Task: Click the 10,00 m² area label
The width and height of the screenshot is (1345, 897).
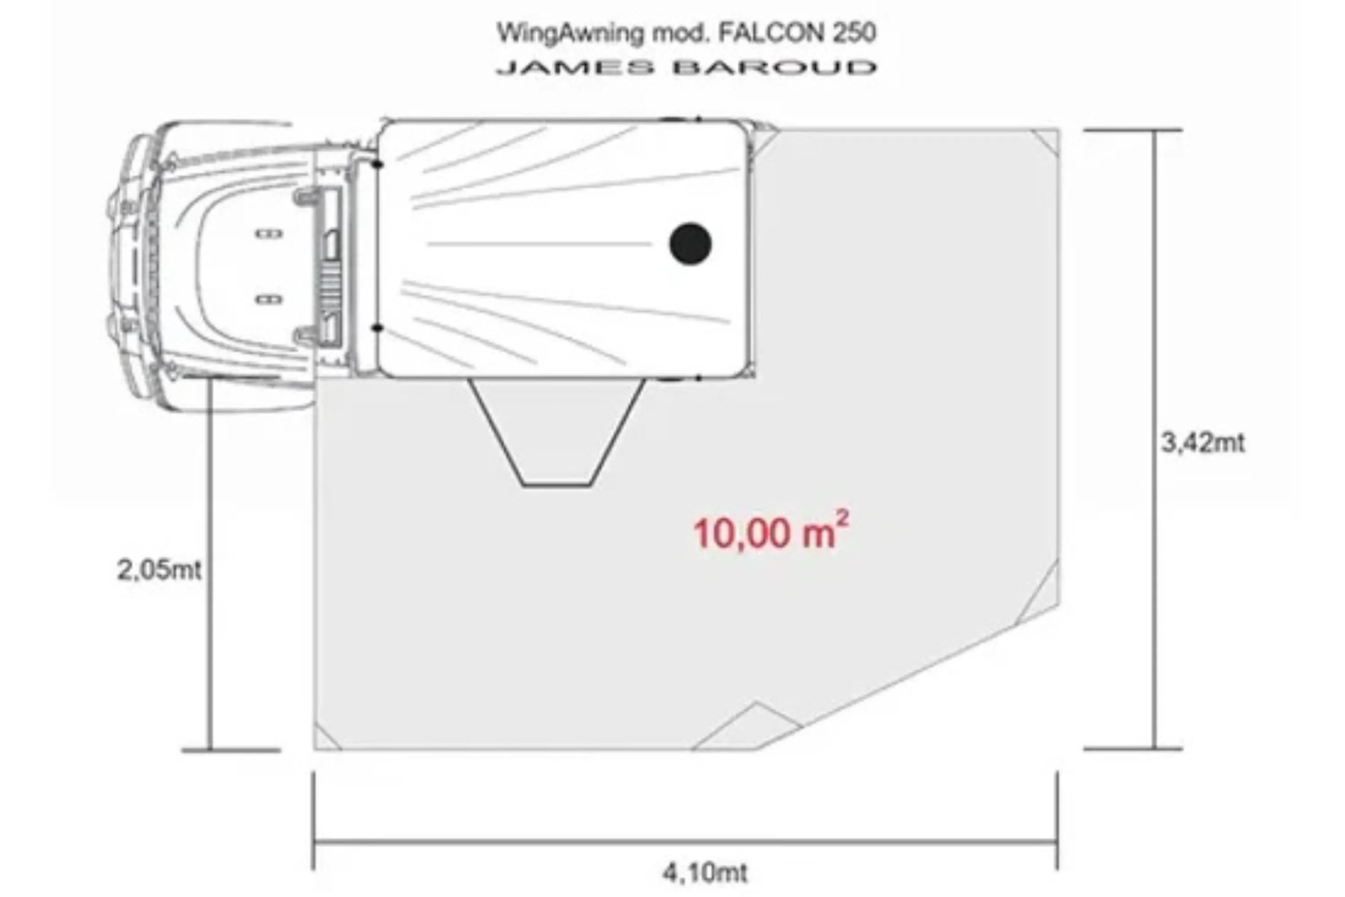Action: point(770,533)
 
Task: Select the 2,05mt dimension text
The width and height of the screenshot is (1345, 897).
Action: point(159,570)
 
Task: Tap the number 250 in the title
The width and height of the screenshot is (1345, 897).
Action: point(854,33)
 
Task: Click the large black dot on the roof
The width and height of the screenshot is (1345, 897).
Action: point(690,244)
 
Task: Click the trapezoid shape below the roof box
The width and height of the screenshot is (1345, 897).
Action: point(557,435)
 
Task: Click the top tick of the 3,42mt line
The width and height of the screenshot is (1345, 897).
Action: point(1132,131)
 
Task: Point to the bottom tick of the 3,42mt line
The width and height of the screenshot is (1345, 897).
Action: point(1132,748)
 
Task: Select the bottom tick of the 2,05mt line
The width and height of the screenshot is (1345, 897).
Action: point(231,750)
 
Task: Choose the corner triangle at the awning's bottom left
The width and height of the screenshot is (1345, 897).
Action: point(324,740)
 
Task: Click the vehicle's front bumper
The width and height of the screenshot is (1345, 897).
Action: point(117,263)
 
